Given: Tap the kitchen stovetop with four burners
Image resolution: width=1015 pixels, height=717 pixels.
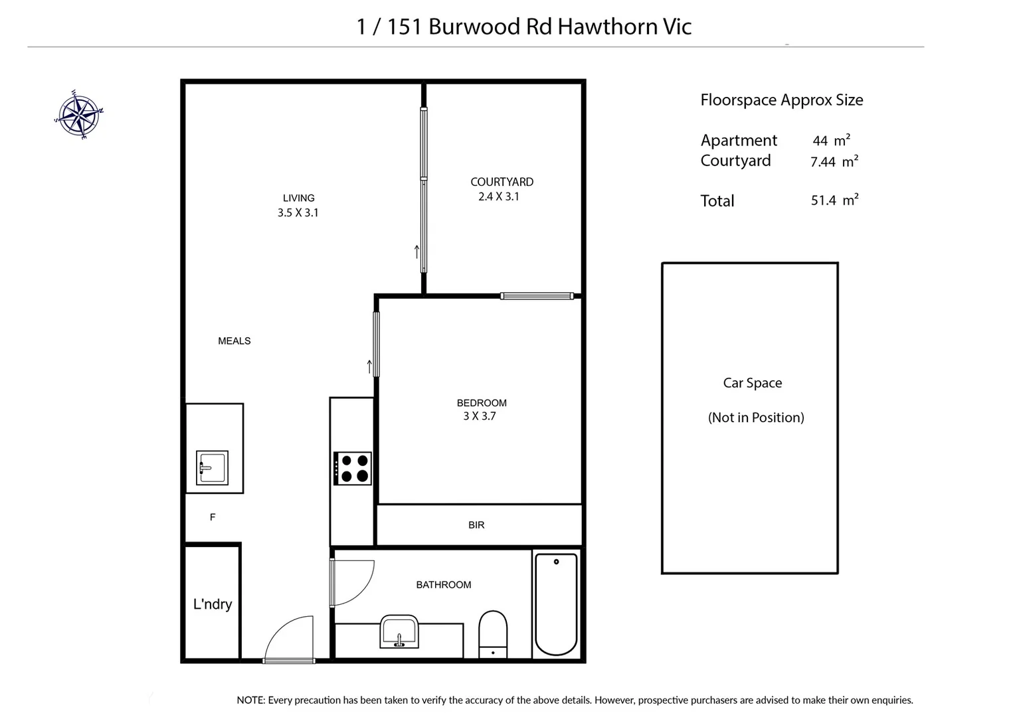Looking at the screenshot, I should (353, 468).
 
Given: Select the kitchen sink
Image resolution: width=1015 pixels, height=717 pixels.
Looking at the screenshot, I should (213, 467).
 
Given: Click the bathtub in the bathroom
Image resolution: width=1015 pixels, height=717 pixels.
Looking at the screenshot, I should (556, 603).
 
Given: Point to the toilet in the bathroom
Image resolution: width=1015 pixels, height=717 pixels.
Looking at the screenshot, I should (493, 633).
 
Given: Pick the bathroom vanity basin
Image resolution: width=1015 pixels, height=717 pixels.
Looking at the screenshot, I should (399, 631).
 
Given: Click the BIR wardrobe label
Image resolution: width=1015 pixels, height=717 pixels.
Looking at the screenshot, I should (476, 525).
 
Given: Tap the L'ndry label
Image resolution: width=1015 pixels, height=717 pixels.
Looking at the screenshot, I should (213, 604).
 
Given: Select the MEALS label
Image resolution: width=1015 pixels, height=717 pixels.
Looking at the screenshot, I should (234, 341).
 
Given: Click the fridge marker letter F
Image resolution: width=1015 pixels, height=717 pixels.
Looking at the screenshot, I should (213, 517).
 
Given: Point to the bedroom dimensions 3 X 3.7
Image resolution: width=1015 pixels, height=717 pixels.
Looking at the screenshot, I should (480, 416).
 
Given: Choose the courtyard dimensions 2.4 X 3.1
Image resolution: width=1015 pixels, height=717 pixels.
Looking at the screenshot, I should (499, 197).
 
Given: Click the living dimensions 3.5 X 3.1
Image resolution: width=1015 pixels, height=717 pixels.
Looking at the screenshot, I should (298, 213).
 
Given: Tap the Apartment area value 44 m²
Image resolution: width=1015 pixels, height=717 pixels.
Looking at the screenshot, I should (831, 141).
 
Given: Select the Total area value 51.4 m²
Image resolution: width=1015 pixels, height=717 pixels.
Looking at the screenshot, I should (834, 200).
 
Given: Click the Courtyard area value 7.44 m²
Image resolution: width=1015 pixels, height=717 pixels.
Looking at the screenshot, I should (834, 161).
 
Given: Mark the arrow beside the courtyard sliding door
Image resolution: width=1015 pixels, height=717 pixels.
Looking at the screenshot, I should (416, 252).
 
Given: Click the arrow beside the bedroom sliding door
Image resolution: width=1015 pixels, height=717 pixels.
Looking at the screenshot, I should (369, 366).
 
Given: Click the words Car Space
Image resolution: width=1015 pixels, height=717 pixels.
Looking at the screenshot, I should (753, 383).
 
